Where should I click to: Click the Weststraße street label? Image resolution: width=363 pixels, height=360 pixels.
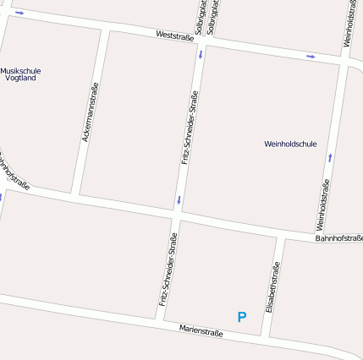click(x=175, y=36)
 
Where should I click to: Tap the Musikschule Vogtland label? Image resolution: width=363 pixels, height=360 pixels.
click(x=19, y=74)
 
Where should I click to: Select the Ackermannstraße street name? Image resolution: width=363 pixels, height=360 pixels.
click(x=90, y=112)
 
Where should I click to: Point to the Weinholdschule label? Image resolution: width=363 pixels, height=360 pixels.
click(x=290, y=144)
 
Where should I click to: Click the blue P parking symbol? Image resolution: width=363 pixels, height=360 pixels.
click(x=242, y=318)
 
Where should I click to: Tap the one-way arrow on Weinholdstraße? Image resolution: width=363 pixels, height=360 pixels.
click(x=329, y=157)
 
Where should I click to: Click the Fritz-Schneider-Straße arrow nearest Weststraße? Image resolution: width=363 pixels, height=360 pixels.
click(x=201, y=55)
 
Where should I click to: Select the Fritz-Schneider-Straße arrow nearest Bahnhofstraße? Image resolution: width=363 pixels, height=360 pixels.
click(x=179, y=200)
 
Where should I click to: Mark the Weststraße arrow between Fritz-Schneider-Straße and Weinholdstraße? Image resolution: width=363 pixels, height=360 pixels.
click(x=311, y=57)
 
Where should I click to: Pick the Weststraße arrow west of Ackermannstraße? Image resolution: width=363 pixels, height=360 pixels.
click(x=19, y=13)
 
